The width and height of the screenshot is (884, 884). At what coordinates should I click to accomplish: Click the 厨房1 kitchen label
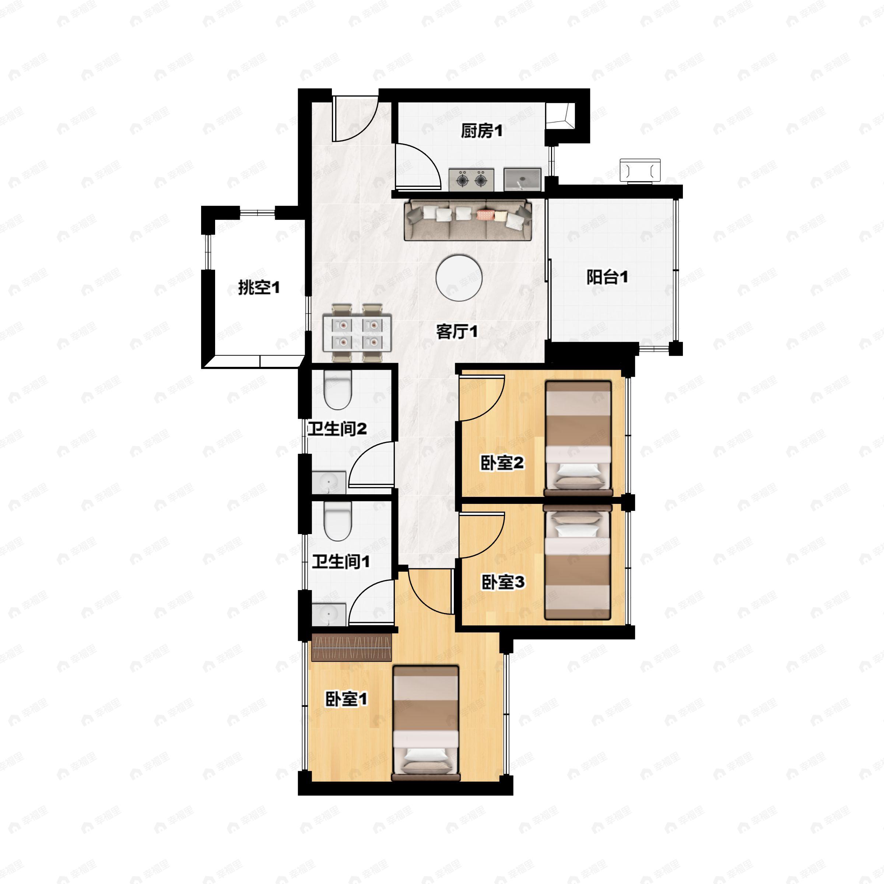481,131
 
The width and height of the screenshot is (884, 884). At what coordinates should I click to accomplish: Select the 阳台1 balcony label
607,277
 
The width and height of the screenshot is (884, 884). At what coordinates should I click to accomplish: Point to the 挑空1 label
259,288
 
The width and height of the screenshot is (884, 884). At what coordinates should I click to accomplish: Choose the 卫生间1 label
340,561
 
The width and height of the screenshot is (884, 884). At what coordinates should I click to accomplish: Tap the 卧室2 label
502,463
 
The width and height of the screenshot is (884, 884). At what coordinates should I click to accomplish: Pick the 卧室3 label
503,582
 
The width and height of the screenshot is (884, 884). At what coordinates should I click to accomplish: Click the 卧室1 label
346,699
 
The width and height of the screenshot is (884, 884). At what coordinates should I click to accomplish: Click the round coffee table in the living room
459,278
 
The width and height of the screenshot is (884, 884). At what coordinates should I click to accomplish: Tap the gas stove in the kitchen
471,179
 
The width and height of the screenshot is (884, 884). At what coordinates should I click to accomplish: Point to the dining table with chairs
357,333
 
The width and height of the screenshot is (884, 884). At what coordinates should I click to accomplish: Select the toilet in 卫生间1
337,521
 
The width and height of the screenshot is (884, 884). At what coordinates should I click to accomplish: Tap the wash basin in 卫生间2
329,482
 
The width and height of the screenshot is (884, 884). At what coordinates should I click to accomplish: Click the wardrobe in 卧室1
351,648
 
